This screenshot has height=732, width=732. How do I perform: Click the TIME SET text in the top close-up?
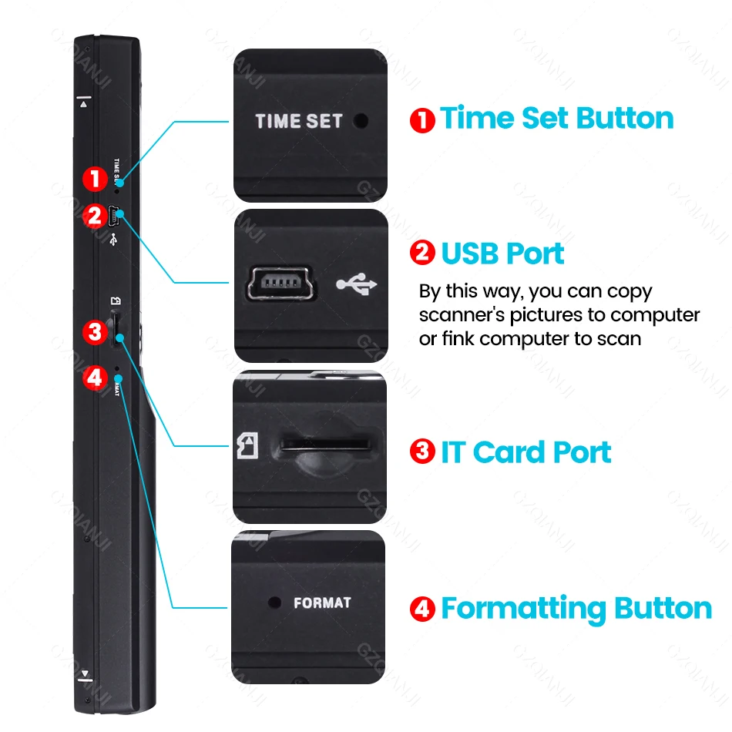[x=298, y=121]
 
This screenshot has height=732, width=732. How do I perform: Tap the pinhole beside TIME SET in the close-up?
[x=360, y=121]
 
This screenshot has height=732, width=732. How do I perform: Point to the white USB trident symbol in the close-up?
[x=357, y=285]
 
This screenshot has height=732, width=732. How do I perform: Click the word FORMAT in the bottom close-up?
[x=322, y=603]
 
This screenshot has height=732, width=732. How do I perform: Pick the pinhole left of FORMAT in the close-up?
[x=272, y=602]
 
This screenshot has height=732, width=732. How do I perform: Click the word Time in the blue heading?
[x=477, y=119]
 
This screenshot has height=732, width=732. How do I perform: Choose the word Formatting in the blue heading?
[x=524, y=609]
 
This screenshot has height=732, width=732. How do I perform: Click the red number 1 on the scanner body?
[x=95, y=180]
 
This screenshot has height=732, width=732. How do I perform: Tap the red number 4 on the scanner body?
[x=95, y=378]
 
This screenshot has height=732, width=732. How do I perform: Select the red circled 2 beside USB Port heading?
[x=422, y=254]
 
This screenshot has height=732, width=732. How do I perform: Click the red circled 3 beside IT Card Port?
[x=422, y=452]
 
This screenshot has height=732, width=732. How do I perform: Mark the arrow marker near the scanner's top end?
[x=84, y=100]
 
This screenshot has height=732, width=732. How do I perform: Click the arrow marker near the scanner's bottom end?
[x=85, y=676]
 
